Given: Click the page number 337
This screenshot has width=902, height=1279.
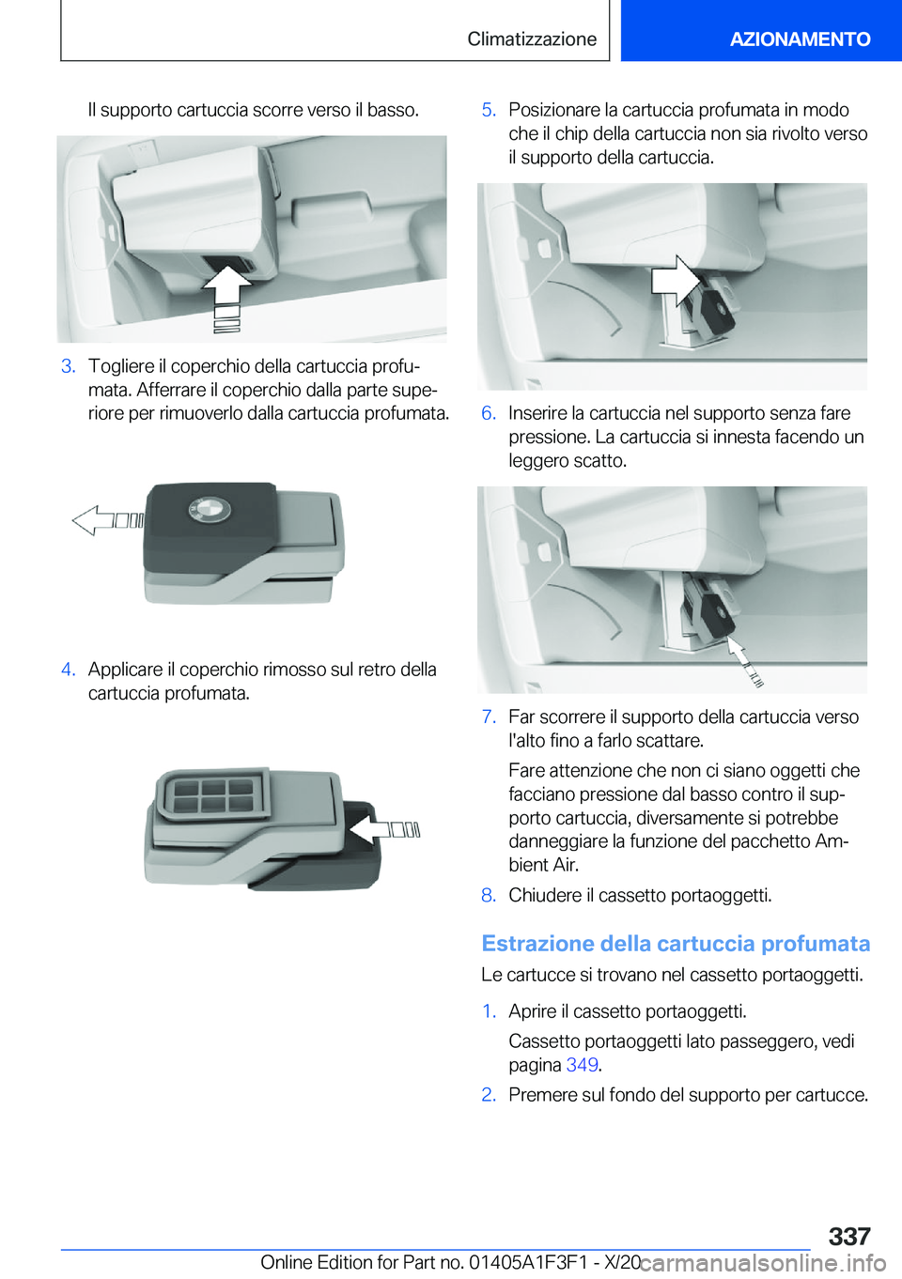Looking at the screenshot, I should click(849, 1236).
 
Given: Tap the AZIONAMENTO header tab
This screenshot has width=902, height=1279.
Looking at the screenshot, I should click(800, 39).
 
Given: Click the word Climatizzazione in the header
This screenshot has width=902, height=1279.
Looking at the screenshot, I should click(532, 39).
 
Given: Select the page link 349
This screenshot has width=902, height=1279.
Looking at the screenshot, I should click(582, 1065).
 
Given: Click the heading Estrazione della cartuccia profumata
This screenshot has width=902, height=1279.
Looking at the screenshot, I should click(676, 944).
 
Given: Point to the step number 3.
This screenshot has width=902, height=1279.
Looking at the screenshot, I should click(68, 366).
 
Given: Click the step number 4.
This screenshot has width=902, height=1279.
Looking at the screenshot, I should click(68, 670).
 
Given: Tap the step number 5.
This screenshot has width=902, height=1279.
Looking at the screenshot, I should click(489, 110).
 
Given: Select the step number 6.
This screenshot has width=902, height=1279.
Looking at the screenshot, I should click(489, 413).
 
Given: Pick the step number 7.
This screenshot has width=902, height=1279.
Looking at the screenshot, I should click(489, 717).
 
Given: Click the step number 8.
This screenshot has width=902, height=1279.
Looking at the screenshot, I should click(489, 895).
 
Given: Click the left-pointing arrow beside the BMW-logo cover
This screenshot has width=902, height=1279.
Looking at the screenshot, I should click(106, 520).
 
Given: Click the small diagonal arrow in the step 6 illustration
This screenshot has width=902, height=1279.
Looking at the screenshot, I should click(746, 661).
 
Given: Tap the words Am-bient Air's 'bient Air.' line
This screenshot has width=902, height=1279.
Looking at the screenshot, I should click(544, 865).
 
